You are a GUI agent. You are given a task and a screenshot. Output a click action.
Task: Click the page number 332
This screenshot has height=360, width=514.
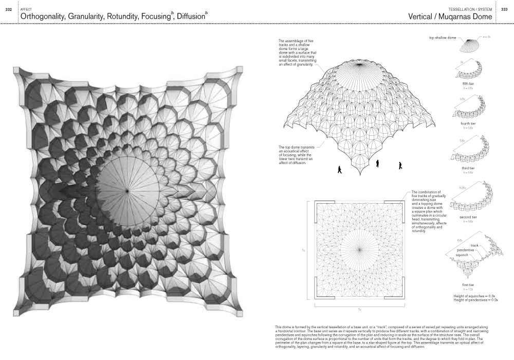pyautogui.click(x=9, y=10)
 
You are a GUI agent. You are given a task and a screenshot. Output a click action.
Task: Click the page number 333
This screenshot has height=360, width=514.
pyautogui.click(x=504, y=10)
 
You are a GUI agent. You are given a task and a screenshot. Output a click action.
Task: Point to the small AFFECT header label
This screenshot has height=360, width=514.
pyautogui.click(x=25, y=9)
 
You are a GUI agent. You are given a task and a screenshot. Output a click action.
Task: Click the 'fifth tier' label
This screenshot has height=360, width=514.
pyautogui.click(x=468, y=83)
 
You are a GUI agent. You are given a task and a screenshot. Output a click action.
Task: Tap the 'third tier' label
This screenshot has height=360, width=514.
pyautogui.click(x=468, y=168)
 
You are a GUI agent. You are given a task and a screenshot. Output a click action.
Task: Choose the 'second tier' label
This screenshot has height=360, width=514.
pyautogui.click(x=468, y=218)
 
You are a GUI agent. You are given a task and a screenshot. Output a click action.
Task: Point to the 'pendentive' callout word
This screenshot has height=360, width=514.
pyautogui.click(x=464, y=250)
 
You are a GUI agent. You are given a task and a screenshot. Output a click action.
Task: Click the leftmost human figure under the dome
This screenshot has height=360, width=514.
pyautogui.click(x=339, y=169)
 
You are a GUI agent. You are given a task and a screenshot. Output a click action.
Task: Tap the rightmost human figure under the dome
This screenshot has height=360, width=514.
pyautogui.click(x=400, y=165)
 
